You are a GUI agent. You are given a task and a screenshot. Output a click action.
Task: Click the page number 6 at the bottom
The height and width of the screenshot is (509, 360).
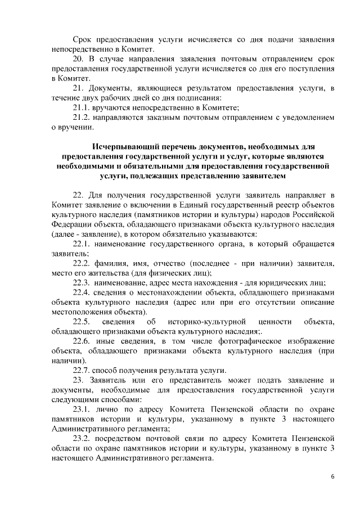[332, 476]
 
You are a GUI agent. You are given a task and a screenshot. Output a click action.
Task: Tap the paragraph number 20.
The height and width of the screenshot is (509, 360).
[79, 58]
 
